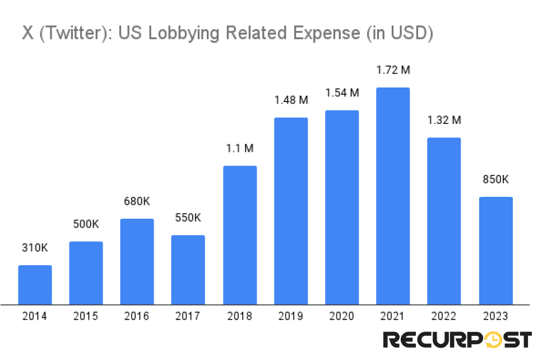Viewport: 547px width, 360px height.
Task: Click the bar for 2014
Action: click(x=35, y=285)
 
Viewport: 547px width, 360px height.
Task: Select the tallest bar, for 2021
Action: click(x=393, y=196)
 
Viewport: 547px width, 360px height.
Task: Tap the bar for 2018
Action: click(x=240, y=235)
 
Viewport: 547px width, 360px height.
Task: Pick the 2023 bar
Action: click(x=495, y=251)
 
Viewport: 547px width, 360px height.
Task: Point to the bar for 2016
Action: click(x=137, y=261)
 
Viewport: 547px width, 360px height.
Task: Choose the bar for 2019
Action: click(x=291, y=211)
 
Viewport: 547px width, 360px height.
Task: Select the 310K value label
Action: click(x=35, y=248)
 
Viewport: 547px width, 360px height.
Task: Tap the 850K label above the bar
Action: click(x=495, y=179)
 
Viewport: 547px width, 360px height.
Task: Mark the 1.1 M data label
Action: click(x=240, y=149)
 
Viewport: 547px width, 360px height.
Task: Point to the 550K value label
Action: click(x=188, y=218)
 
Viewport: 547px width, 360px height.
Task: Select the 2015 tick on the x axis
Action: click(x=86, y=316)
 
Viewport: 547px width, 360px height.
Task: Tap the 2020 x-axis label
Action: click(x=342, y=316)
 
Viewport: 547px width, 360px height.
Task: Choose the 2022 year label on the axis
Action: click(x=444, y=316)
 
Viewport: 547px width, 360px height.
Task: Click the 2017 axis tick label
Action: click(x=188, y=316)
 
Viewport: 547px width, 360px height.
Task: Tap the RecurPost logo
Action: click(x=457, y=340)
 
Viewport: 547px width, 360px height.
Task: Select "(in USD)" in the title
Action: click(x=399, y=33)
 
